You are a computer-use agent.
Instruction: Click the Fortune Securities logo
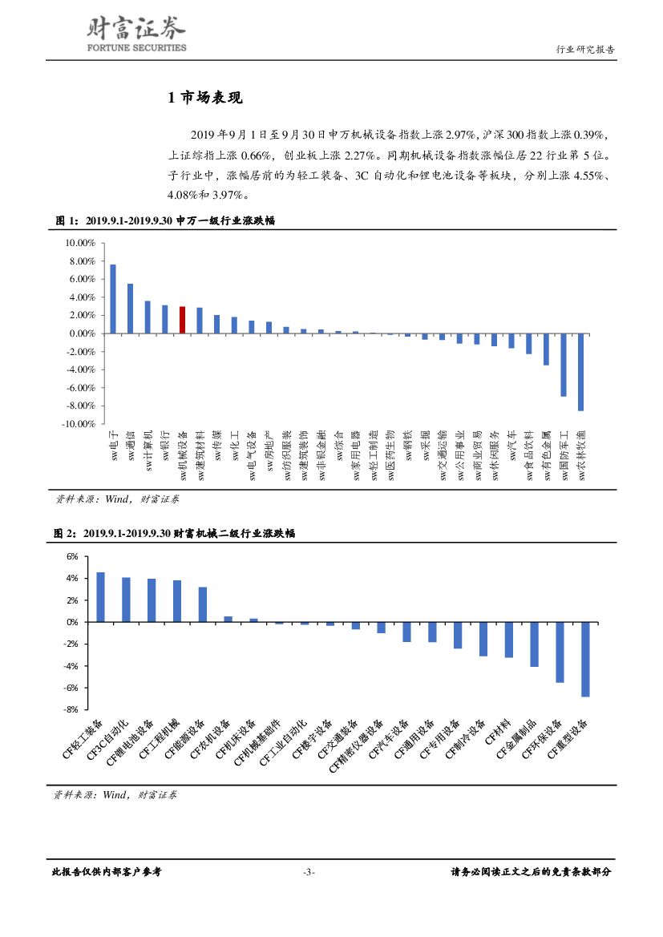[x=135, y=36]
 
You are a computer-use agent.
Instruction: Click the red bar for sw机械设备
[x=183, y=320]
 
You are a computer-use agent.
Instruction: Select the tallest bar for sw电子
[x=113, y=298]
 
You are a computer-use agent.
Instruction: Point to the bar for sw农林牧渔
[x=580, y=372]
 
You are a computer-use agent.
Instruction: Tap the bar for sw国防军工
[x=564, y=365]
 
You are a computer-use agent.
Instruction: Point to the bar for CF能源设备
[x=202, y=604]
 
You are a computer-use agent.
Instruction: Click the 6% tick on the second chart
[x=71, y=556]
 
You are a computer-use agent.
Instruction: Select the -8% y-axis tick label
[x=71, y=709]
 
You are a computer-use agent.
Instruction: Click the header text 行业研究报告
[x=585, y=50]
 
